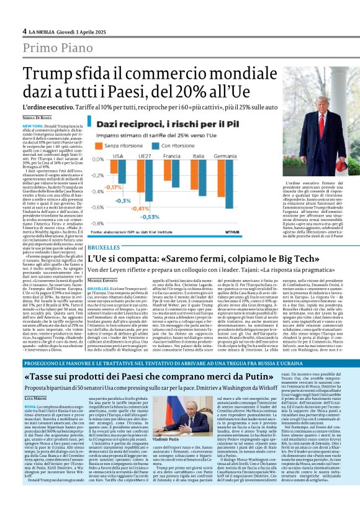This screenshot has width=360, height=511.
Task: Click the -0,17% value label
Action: click(x=96, y=186)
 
